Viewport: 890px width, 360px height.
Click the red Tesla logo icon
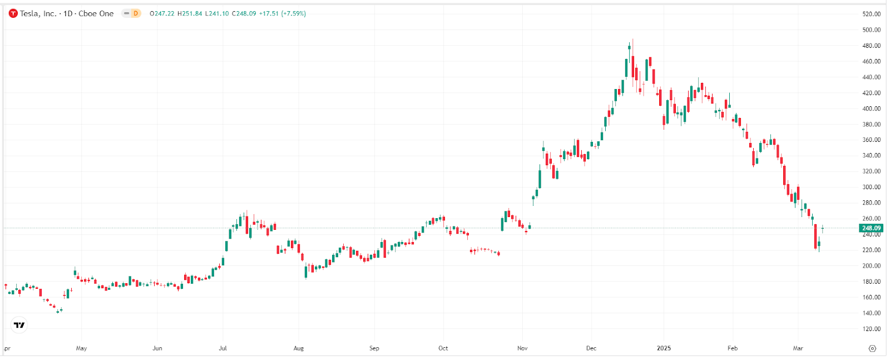coord(13,13)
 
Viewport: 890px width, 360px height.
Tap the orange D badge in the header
coord(135,13)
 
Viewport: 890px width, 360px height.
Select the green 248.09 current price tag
coord(871,228)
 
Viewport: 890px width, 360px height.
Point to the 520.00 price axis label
coord(871,14)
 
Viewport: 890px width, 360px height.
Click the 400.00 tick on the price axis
coord(871,109)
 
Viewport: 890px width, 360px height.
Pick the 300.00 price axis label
coord(871,187)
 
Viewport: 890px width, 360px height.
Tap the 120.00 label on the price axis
coord(871,329)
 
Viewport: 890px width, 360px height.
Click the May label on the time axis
coord(81,348)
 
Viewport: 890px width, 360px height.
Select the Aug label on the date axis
coord(299,348)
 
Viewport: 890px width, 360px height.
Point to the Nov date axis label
coord(522,348)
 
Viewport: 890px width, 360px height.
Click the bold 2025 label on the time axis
coord(664,348)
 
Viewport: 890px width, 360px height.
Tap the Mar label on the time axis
coord(798,348)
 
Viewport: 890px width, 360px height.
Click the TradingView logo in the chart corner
coord(19,325)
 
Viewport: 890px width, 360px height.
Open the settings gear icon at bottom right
coord(872,348)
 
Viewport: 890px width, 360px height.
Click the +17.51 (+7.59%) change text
coord(283,13)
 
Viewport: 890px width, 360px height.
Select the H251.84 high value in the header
coord(190,13)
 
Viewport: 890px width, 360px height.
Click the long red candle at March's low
coord(815,236)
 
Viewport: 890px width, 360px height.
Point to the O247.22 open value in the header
coord(162,13)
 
